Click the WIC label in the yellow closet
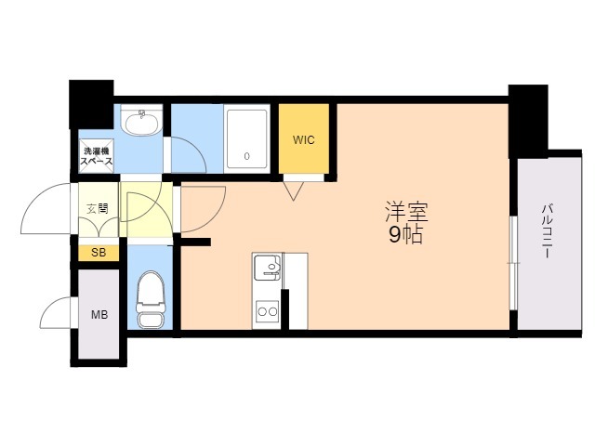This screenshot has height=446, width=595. point(304,140)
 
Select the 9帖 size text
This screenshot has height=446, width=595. point(405,235)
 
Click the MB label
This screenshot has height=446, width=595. point(99,314)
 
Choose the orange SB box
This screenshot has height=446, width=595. point(98,253)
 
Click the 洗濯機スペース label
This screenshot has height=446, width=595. point(97,156)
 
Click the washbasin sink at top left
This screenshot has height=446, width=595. point(142,122)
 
